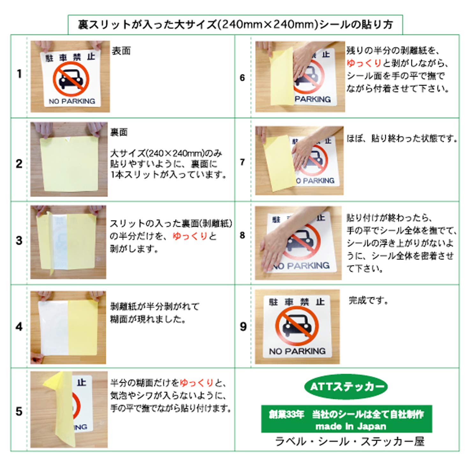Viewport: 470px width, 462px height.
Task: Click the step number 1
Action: click(19, 74)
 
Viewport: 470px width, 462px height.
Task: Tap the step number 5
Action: click(19, 412)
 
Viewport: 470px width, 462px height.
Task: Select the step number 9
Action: click(243, 326)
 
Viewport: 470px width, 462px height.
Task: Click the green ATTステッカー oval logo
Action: click(346, 387)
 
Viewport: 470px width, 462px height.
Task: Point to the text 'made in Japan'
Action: click(351, 426)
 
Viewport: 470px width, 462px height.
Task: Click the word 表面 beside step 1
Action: click(121, 51)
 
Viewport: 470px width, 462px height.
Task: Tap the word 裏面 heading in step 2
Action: click(119, 132)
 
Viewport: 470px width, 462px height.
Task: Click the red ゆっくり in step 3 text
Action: click(190, 236)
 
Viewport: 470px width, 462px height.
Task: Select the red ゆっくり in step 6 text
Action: click(364, 63)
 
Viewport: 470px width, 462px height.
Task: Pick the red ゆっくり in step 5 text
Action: click(197, 383)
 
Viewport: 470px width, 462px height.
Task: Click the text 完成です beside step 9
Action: click(369, 300)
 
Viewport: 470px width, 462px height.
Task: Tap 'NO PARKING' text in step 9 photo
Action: click(297, 351)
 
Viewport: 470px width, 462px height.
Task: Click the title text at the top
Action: click(235, 25)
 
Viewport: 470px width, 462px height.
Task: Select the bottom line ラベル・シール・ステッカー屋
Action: click(350, 441)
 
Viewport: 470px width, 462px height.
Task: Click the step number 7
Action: click(242, 162)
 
